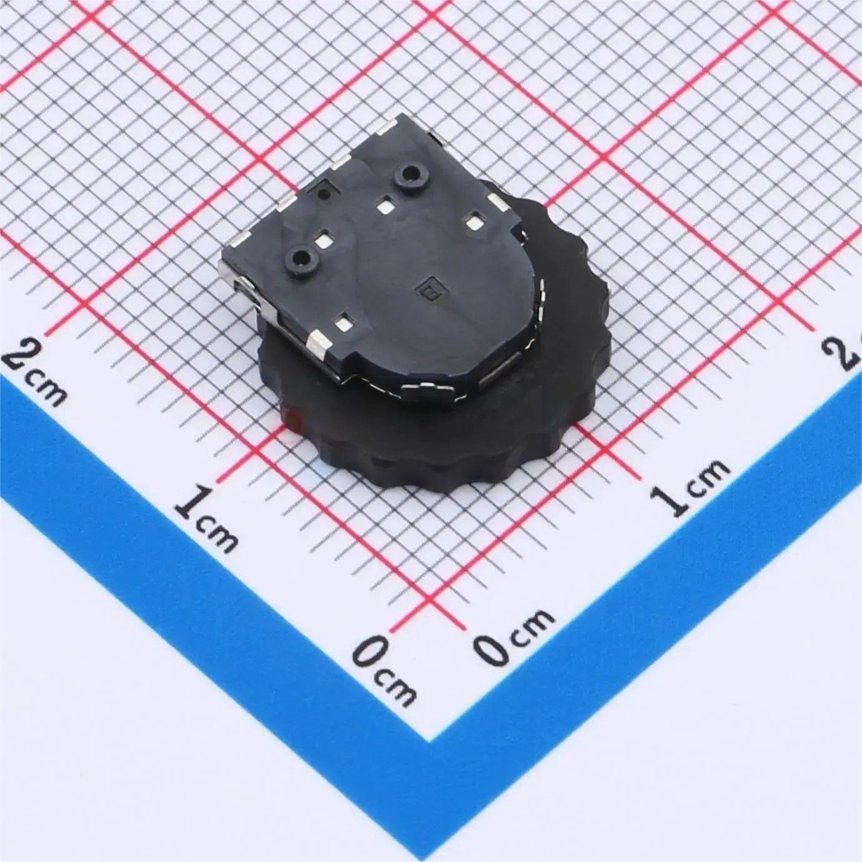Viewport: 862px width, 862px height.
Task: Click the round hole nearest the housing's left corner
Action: click(x=301, y=257)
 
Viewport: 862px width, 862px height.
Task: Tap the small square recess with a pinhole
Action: click(x=325, y=193)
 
